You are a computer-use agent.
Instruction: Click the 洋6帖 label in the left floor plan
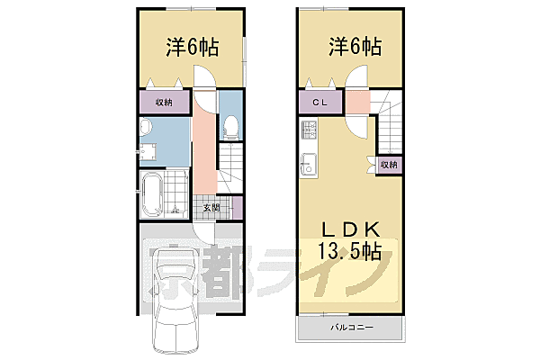191,49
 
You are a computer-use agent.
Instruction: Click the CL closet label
320,103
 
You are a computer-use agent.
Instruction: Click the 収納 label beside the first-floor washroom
164,103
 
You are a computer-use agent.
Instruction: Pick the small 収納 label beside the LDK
388,165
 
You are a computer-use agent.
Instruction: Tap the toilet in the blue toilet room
229,127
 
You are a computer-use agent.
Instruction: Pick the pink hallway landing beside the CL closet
357,103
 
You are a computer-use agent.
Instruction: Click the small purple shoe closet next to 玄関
238,209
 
